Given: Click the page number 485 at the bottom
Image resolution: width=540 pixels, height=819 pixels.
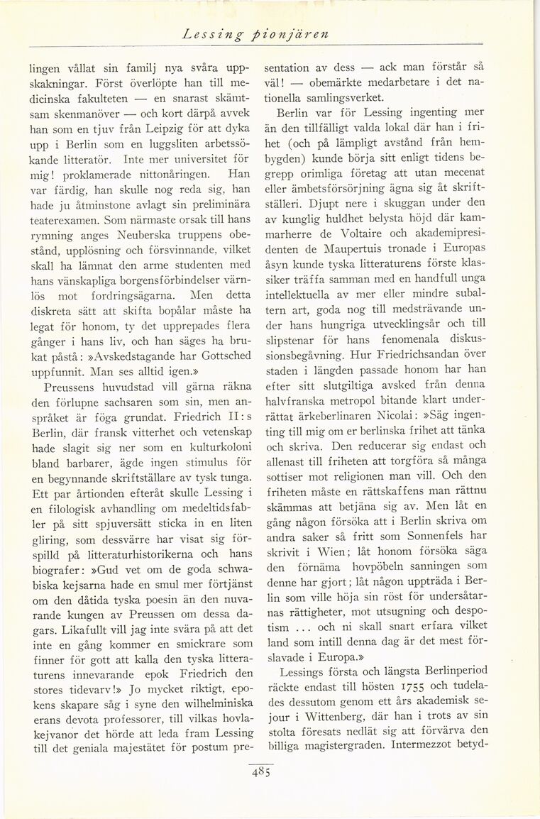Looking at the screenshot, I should coord(261,771).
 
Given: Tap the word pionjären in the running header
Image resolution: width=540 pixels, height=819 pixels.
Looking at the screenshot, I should coord(273,34).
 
